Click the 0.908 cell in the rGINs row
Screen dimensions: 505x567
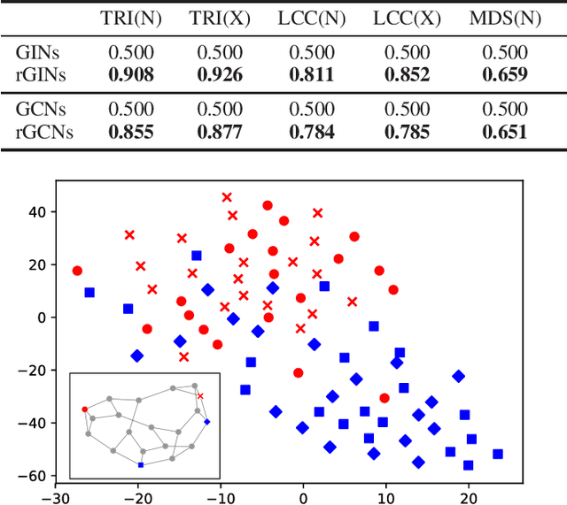click(x=129, y=75)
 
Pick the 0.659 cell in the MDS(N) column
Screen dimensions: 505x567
click(x=503, y=75)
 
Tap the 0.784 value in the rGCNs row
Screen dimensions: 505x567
click(x=312, y=133)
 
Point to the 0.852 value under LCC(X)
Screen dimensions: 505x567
click(x=407, y=75)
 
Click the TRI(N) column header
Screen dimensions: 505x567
click(x=129, y=18)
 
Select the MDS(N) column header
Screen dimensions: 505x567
click(x=503, y=18)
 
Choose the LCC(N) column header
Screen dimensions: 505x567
click(x=312, y=18)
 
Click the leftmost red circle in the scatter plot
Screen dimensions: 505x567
click(x=77, y=271)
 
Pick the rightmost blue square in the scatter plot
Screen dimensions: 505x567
click(x=497, y=454)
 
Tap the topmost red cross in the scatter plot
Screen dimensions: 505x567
click(x=227, y=197)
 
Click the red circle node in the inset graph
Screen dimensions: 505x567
click(x=85, y=409)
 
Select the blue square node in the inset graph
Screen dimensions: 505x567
click(x=140, y=464)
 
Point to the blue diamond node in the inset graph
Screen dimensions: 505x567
click(x=207, y=421)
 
